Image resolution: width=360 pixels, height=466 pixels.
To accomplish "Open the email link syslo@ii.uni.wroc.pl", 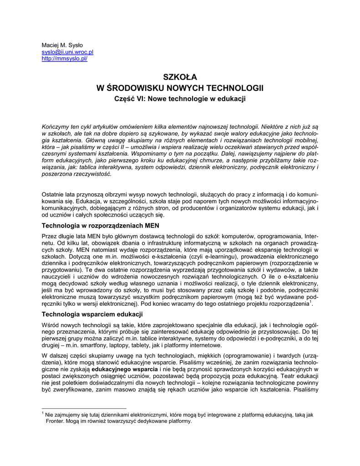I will point(67,53).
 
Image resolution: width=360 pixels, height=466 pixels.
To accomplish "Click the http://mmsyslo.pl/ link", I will point(64,59).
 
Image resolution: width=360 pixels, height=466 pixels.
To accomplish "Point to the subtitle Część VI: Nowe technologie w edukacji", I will point(180,98).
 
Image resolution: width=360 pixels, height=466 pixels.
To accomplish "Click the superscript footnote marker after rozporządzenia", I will point(310,301).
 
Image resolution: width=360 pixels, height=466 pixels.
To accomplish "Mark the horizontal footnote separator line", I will point(84,408).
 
